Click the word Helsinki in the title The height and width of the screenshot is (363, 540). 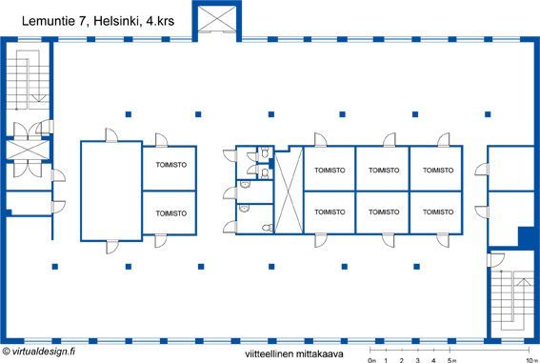click(117, 21)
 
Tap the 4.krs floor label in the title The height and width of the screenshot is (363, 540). click(160, 21)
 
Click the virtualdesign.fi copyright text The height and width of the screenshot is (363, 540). click(38, 352)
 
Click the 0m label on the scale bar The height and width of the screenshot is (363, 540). click(371, 360)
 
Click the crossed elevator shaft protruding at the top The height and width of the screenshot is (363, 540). click(217, 19)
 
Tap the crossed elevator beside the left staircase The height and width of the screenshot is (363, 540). click(28, 150)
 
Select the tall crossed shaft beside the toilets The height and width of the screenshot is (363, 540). click(289, 191)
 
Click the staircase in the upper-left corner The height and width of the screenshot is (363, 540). click(29, 80)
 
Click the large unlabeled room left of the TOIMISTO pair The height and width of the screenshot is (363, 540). click(111, 191)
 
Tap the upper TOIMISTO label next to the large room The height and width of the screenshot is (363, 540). click(171, 165)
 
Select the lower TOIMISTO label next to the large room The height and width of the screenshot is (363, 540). click(171, 213)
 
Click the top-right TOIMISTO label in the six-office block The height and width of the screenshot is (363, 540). click(438, 171)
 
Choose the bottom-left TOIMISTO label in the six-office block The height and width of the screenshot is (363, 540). click(330, 212)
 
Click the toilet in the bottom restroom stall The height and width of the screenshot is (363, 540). click(268, 228)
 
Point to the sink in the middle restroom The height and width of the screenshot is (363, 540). click(245, 185)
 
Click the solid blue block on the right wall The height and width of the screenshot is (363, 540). click(527, 236)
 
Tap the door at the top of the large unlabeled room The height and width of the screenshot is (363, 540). click(110, 135)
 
